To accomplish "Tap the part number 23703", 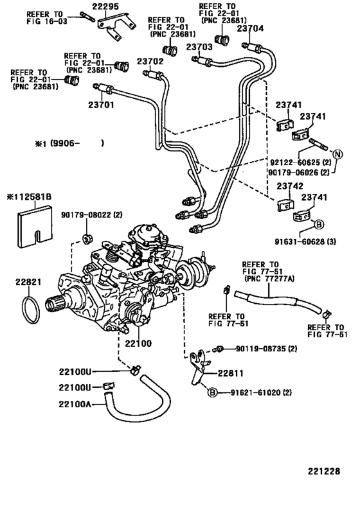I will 199,47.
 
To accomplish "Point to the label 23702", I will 150,62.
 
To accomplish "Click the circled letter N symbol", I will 339,153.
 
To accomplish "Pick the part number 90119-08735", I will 260,349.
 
